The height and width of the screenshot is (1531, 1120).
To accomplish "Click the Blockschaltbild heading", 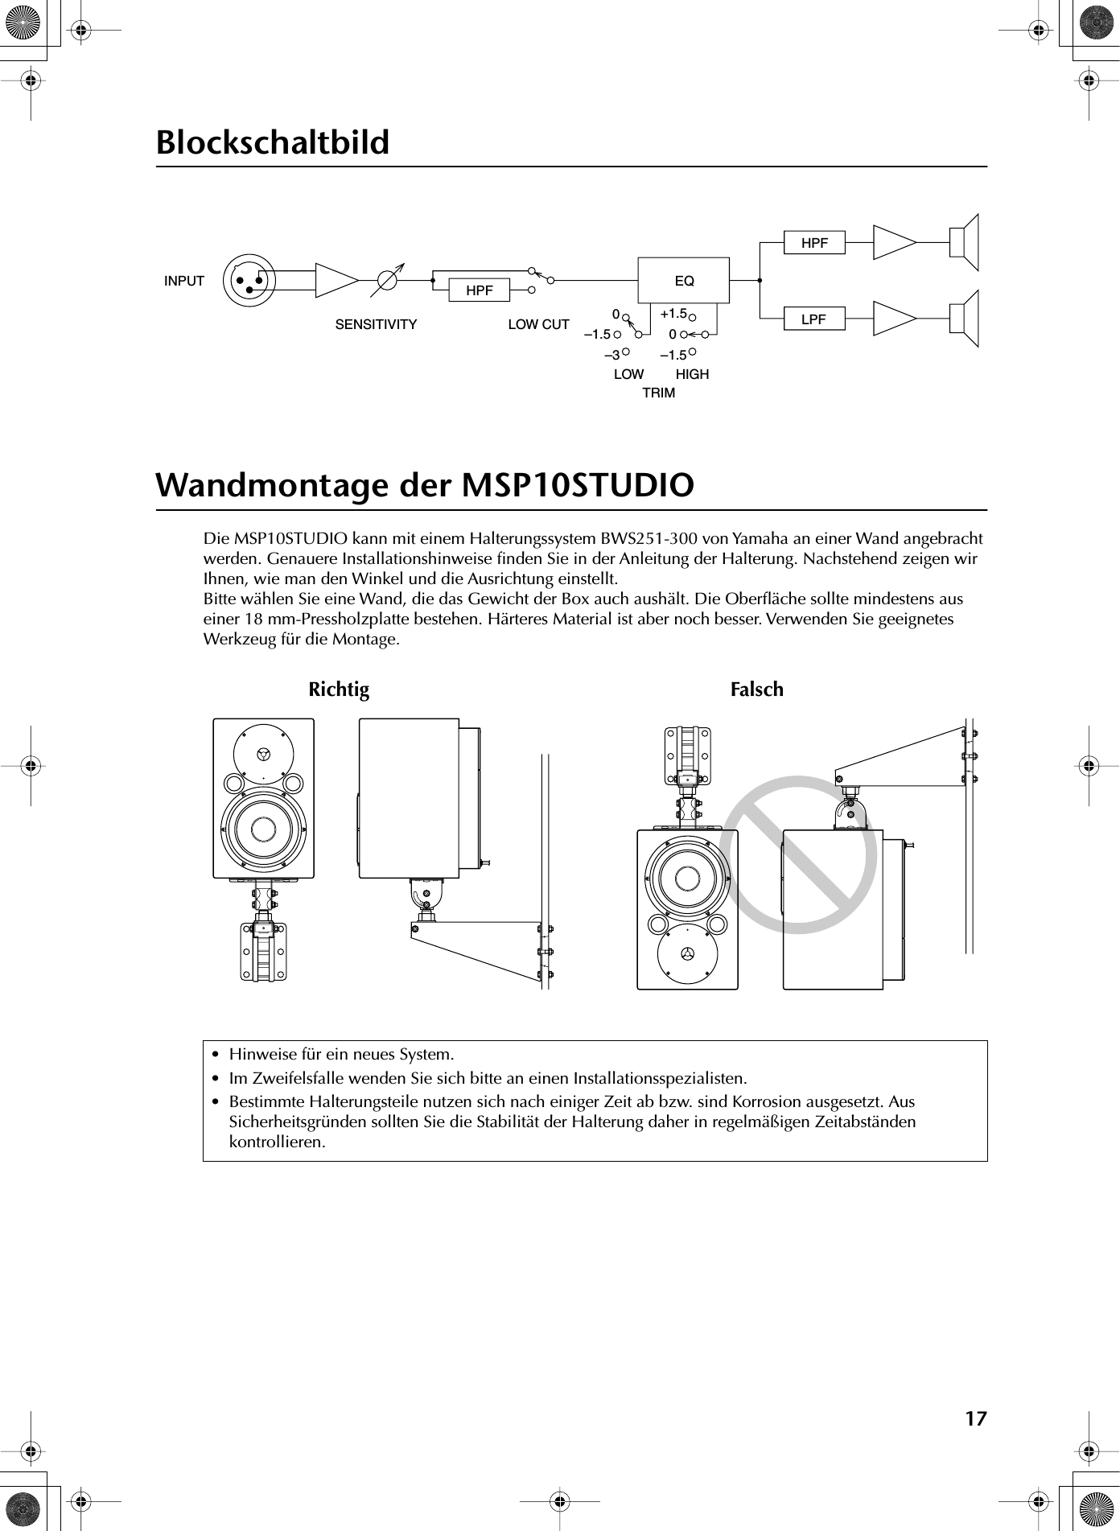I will [x=273, y=142].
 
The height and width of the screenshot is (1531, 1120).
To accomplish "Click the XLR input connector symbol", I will [x=249, y=280].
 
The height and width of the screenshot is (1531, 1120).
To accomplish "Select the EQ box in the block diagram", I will [x=684, y=281].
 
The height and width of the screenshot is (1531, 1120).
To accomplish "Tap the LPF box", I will [x=814, y=319].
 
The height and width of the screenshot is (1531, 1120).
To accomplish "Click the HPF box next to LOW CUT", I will [x=480, y=290].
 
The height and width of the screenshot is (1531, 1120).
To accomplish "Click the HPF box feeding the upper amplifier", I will [x=814, y=242].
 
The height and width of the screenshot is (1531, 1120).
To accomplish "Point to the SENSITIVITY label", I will [x=376, y=325].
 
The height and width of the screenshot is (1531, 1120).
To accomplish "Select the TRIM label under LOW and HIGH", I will [x=659, y=393].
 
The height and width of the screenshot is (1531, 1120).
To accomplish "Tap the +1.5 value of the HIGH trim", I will [x=673, y=313].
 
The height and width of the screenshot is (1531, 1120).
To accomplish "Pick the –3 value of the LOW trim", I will [x=612, y=355].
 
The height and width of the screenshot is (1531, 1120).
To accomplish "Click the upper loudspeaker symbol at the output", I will [x=963, y=241].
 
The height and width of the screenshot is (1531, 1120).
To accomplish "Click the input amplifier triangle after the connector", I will [x=336, y=280].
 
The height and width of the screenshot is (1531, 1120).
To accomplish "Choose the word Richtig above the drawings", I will [x=339, y=689].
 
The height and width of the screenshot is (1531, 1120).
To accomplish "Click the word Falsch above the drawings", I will [x=756, y=689].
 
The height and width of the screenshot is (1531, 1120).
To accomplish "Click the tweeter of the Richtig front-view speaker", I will [x=263, y=755].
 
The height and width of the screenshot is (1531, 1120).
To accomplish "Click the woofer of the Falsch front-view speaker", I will [x=688, y=876].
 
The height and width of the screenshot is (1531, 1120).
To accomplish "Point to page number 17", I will [x=975, y=1418].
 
